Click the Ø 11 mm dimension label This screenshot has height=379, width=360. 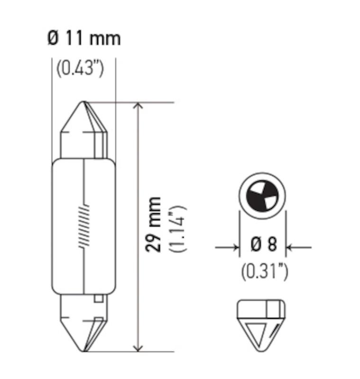(x=84, y=38)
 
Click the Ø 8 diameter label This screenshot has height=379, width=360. (x=263, y=245)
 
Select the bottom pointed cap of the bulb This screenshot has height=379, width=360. (x=84, y=332)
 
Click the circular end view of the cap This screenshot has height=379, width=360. (x=263, y=195)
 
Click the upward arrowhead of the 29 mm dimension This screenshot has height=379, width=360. (x=138, y=107)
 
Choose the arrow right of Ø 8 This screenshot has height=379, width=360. (x=293, y=247)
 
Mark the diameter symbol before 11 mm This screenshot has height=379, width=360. (x=53, y=38)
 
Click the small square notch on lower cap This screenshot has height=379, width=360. (x=99, y=299)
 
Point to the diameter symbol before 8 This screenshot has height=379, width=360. (x=255, y=245)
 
